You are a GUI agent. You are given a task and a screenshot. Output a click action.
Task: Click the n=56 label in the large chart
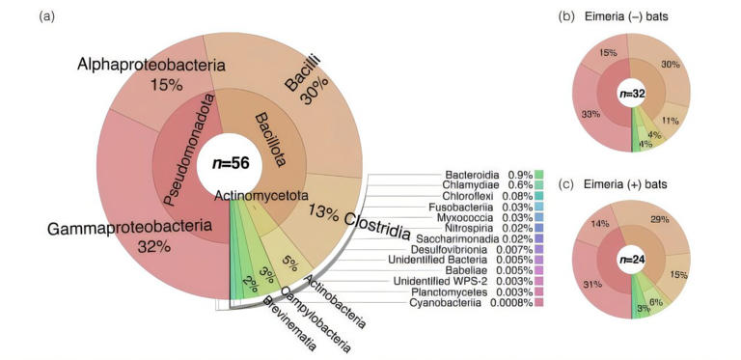coord(226,163)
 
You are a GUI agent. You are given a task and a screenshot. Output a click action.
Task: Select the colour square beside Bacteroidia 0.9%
coord(538,175)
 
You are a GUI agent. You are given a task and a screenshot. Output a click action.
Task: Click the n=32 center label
coord(631,95)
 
